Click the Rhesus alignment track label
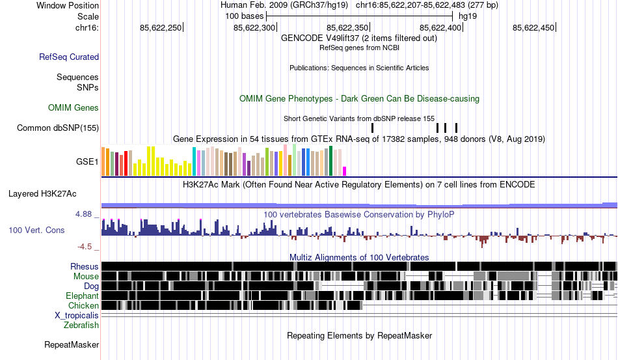pyautogui.click(x=85, y=267)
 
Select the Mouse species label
pyautogui.click(x=86, y=277)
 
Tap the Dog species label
pyautogui.click(x=91, y=286)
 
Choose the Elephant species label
pyautogui.click(x=82, y=296)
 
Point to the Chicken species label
pyautogui.click(x=84, y=306)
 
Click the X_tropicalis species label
pyautogui.click(x=77, y=316)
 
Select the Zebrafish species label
pyautogui.click(x=81, y=325)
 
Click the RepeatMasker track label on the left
pyautogui.click(x=72, y=344)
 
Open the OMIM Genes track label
pyautogui.click(x=74, y=108)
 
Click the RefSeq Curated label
pyautogui.click(x=69, y=57)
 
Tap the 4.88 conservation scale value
pyautogui.click(x=87, y=214)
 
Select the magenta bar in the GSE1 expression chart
pyautogui.click(x=345, y=171)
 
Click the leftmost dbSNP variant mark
pyautogui.click(x=372, y=128)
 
